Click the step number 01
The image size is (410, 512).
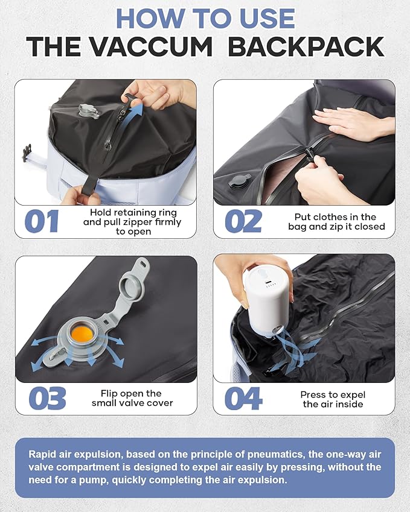[42, 221]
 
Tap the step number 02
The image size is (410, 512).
[243, 221]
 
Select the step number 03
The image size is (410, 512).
[48, 399]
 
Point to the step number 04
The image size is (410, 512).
[243, 399]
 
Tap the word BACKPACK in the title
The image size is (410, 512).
[306, 46]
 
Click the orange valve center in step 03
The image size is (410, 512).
[82, 333]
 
